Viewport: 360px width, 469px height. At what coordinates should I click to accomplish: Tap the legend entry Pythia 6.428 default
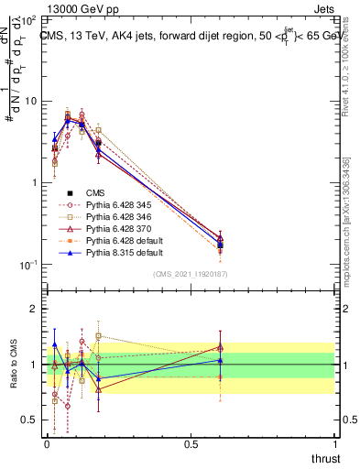[x=115, y=240]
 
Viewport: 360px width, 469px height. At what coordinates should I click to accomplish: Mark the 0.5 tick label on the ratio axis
[x=28, y=420]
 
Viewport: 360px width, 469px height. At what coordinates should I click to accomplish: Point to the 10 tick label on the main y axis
[x=28, y=102]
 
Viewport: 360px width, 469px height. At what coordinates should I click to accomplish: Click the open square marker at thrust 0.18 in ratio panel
[x=98, y=336]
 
